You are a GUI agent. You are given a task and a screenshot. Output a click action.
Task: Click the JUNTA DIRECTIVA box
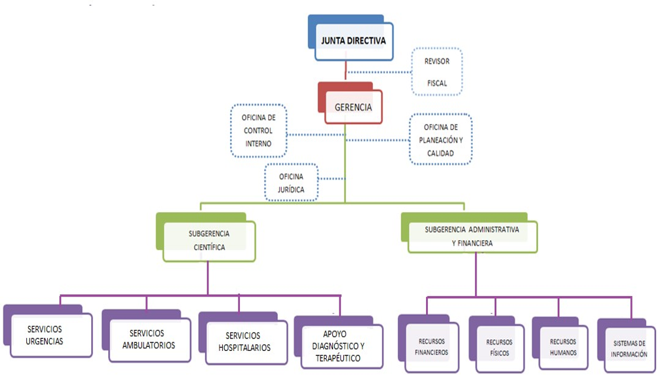[354, 41]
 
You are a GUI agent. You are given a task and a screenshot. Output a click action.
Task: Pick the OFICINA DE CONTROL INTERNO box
[258, 130]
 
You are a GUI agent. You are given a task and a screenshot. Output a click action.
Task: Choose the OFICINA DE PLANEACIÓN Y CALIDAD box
[440, 139]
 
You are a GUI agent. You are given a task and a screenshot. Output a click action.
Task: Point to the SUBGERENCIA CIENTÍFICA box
[209, 240]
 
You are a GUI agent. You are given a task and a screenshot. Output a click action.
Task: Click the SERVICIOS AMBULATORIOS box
[149, 339]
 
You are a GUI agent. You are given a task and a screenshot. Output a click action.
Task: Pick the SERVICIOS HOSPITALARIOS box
[244, 341]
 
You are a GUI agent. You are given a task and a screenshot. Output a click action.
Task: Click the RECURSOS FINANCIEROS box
[431, 347]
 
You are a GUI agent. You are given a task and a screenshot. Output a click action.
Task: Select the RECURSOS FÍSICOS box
[499, 347]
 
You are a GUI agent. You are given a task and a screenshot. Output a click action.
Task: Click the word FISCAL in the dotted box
[436, 84]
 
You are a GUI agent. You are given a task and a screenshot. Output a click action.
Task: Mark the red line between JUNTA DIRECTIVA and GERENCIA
[345, 71]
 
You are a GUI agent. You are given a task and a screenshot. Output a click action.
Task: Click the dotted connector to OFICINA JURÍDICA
[332, 179]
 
